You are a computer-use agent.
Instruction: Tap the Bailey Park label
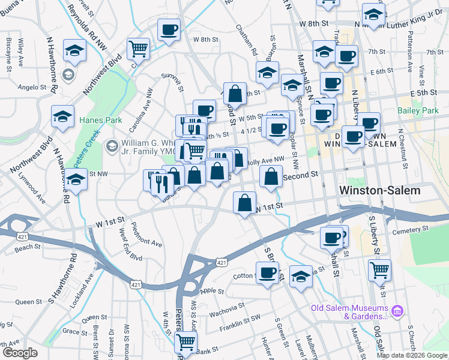pyautogui.click(x=418, y=111)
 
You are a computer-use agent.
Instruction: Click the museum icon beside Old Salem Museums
pyautogui.click(x=396, y=311)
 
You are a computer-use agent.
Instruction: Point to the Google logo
pyautogui.click(x=20, y=353)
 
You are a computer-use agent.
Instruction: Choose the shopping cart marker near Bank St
pyautogui.click(x=186, y=343)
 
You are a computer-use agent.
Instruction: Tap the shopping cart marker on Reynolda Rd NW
pyautogui.click(x=139, y=48)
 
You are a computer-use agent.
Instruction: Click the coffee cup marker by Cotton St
pyautogui.click(x=268, y=272)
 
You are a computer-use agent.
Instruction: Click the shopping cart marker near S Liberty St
pyautogui.click(x=379, y=271)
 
